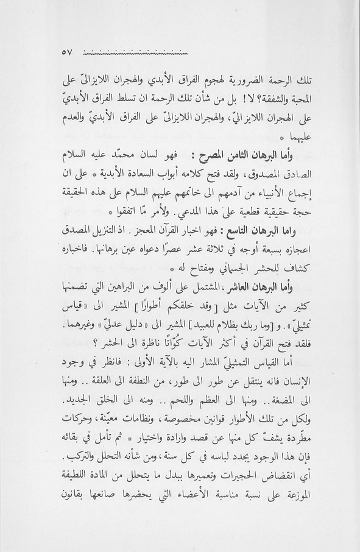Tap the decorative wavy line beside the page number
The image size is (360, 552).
pos(135,53)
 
